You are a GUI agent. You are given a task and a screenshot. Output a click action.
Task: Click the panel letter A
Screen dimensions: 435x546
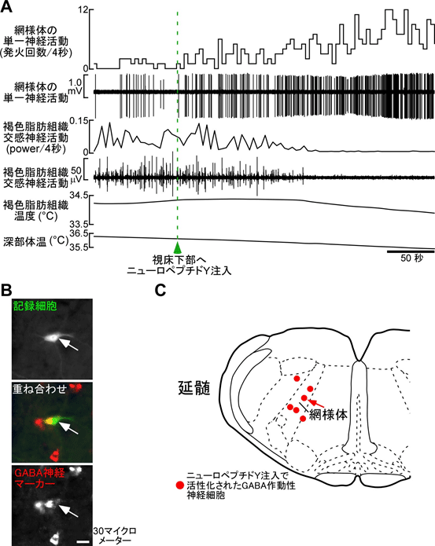point(6,7)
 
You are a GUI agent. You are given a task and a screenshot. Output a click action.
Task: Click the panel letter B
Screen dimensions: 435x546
point(6,290)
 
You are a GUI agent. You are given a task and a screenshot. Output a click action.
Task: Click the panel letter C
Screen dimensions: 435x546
point(160,290)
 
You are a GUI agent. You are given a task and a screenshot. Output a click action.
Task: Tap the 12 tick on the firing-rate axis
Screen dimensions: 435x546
point(83,10)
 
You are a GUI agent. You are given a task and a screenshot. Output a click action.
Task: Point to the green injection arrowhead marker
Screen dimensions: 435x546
point(178,247)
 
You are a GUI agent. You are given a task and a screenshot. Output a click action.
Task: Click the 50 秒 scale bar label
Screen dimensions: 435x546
point(412,258)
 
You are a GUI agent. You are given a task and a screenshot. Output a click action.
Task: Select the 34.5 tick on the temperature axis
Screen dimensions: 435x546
point(79,196)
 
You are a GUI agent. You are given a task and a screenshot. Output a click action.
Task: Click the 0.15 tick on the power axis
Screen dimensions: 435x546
point(79,121)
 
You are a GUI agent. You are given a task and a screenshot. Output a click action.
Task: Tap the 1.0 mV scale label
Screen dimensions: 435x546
point(76,86)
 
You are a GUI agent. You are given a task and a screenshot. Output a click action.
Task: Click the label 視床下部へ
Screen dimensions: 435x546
point(179,260)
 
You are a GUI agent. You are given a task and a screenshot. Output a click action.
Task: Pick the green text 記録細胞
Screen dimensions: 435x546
point(35,306)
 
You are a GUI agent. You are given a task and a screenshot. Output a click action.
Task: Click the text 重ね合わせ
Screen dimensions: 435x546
point(39,389)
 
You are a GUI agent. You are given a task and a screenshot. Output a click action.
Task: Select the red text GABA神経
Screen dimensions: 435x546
point(39,473)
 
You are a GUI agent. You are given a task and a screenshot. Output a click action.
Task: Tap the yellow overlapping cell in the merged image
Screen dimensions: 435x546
point(51,420)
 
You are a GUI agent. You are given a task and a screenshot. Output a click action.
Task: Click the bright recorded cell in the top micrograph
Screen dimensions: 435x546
point(52,337)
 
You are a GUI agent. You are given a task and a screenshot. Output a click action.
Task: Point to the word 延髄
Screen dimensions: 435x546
point(194,388)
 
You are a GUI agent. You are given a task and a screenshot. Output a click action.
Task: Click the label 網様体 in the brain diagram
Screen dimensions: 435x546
point(328,414)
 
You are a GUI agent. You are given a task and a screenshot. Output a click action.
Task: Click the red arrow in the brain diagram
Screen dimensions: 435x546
point(317,404)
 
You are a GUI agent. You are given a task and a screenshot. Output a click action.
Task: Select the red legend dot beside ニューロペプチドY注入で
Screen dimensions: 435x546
point(180,485)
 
